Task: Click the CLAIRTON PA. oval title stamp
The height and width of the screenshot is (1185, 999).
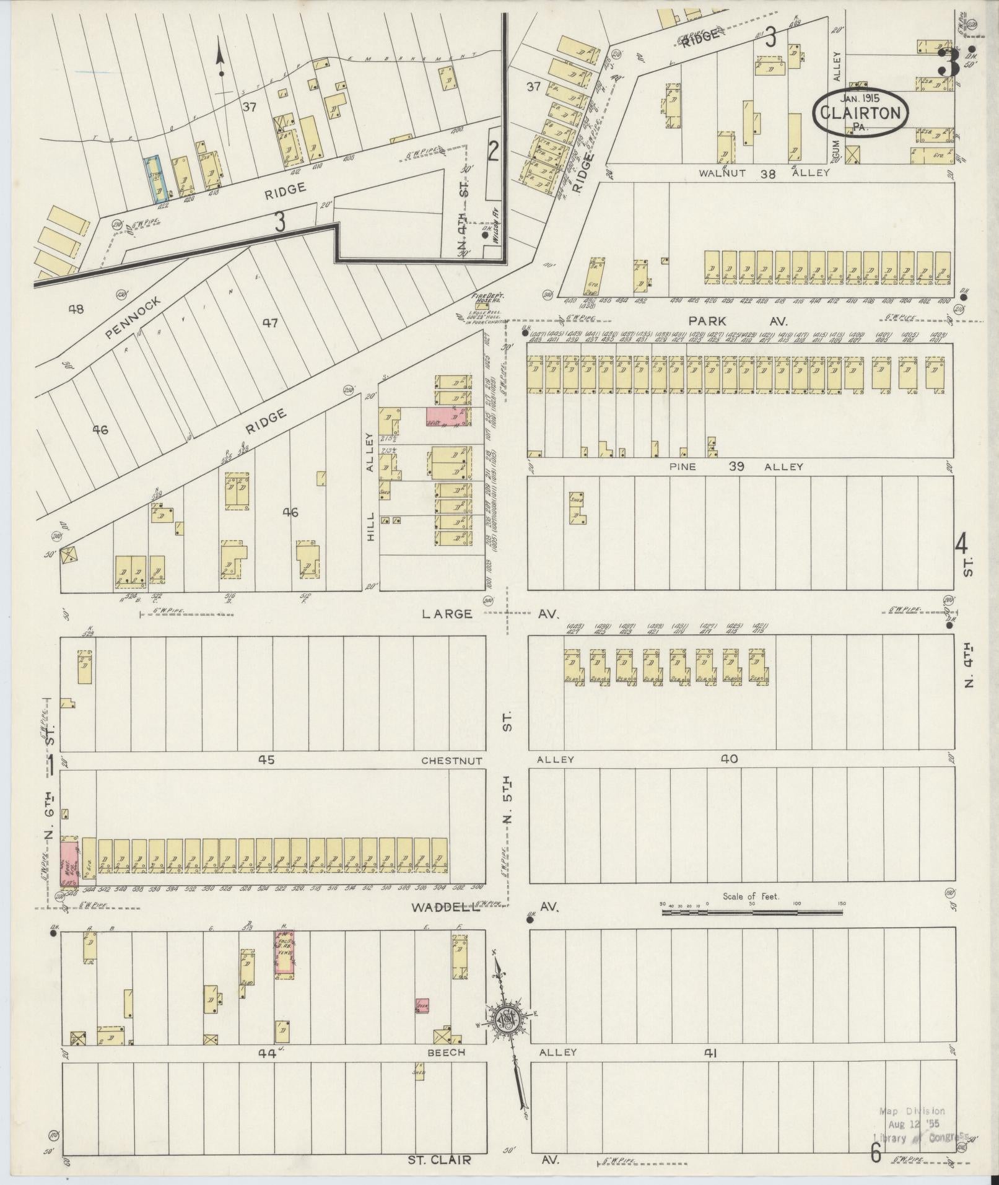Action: coord(861,112)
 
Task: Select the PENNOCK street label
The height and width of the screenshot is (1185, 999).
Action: coord(134,318)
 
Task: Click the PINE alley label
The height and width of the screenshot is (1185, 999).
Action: coord(682,466)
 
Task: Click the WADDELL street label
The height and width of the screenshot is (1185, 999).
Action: coord(445,907)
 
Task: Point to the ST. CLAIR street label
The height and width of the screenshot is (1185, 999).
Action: coord(441,1160)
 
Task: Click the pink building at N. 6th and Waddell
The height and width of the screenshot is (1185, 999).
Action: coord(69,862)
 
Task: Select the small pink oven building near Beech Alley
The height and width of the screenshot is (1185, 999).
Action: coord(423,1005)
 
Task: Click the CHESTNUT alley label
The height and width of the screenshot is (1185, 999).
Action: coord(452,760)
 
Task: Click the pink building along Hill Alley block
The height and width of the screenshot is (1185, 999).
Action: coord(447,417)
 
